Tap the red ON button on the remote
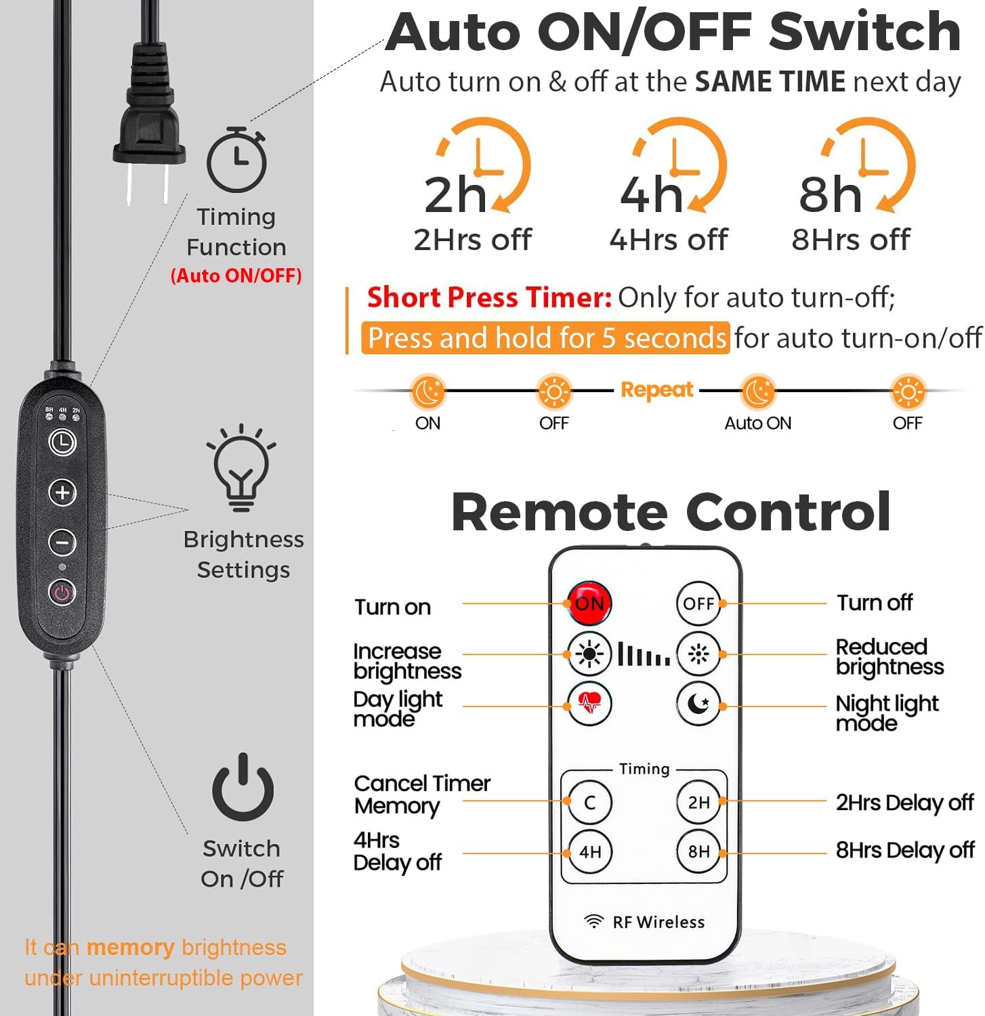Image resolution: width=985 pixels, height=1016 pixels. click(x=589, y=603)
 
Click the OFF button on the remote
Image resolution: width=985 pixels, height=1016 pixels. click(x=698, y=602)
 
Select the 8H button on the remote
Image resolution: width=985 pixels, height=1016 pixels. click(x=698, y=851)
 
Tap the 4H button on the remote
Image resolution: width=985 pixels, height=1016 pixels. click(x=589, y=851)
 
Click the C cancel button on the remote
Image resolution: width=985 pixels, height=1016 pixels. click(x=589, y=803)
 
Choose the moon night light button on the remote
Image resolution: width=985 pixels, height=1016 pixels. click(x=698, y=705)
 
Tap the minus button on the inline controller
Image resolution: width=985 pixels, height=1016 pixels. click(x=62, y=543)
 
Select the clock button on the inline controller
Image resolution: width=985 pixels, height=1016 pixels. click(x=62, y=443)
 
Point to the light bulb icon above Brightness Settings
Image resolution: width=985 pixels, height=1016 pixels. click(x=241, y=468)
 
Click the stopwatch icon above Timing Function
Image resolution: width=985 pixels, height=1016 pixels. click(x=237, y=160)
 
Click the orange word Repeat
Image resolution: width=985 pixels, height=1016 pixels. click(x=656, y=390)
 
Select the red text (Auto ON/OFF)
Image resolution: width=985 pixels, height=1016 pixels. click(x=236, y=276)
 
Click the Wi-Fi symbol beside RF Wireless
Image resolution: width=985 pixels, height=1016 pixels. click(x=593, y=921)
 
